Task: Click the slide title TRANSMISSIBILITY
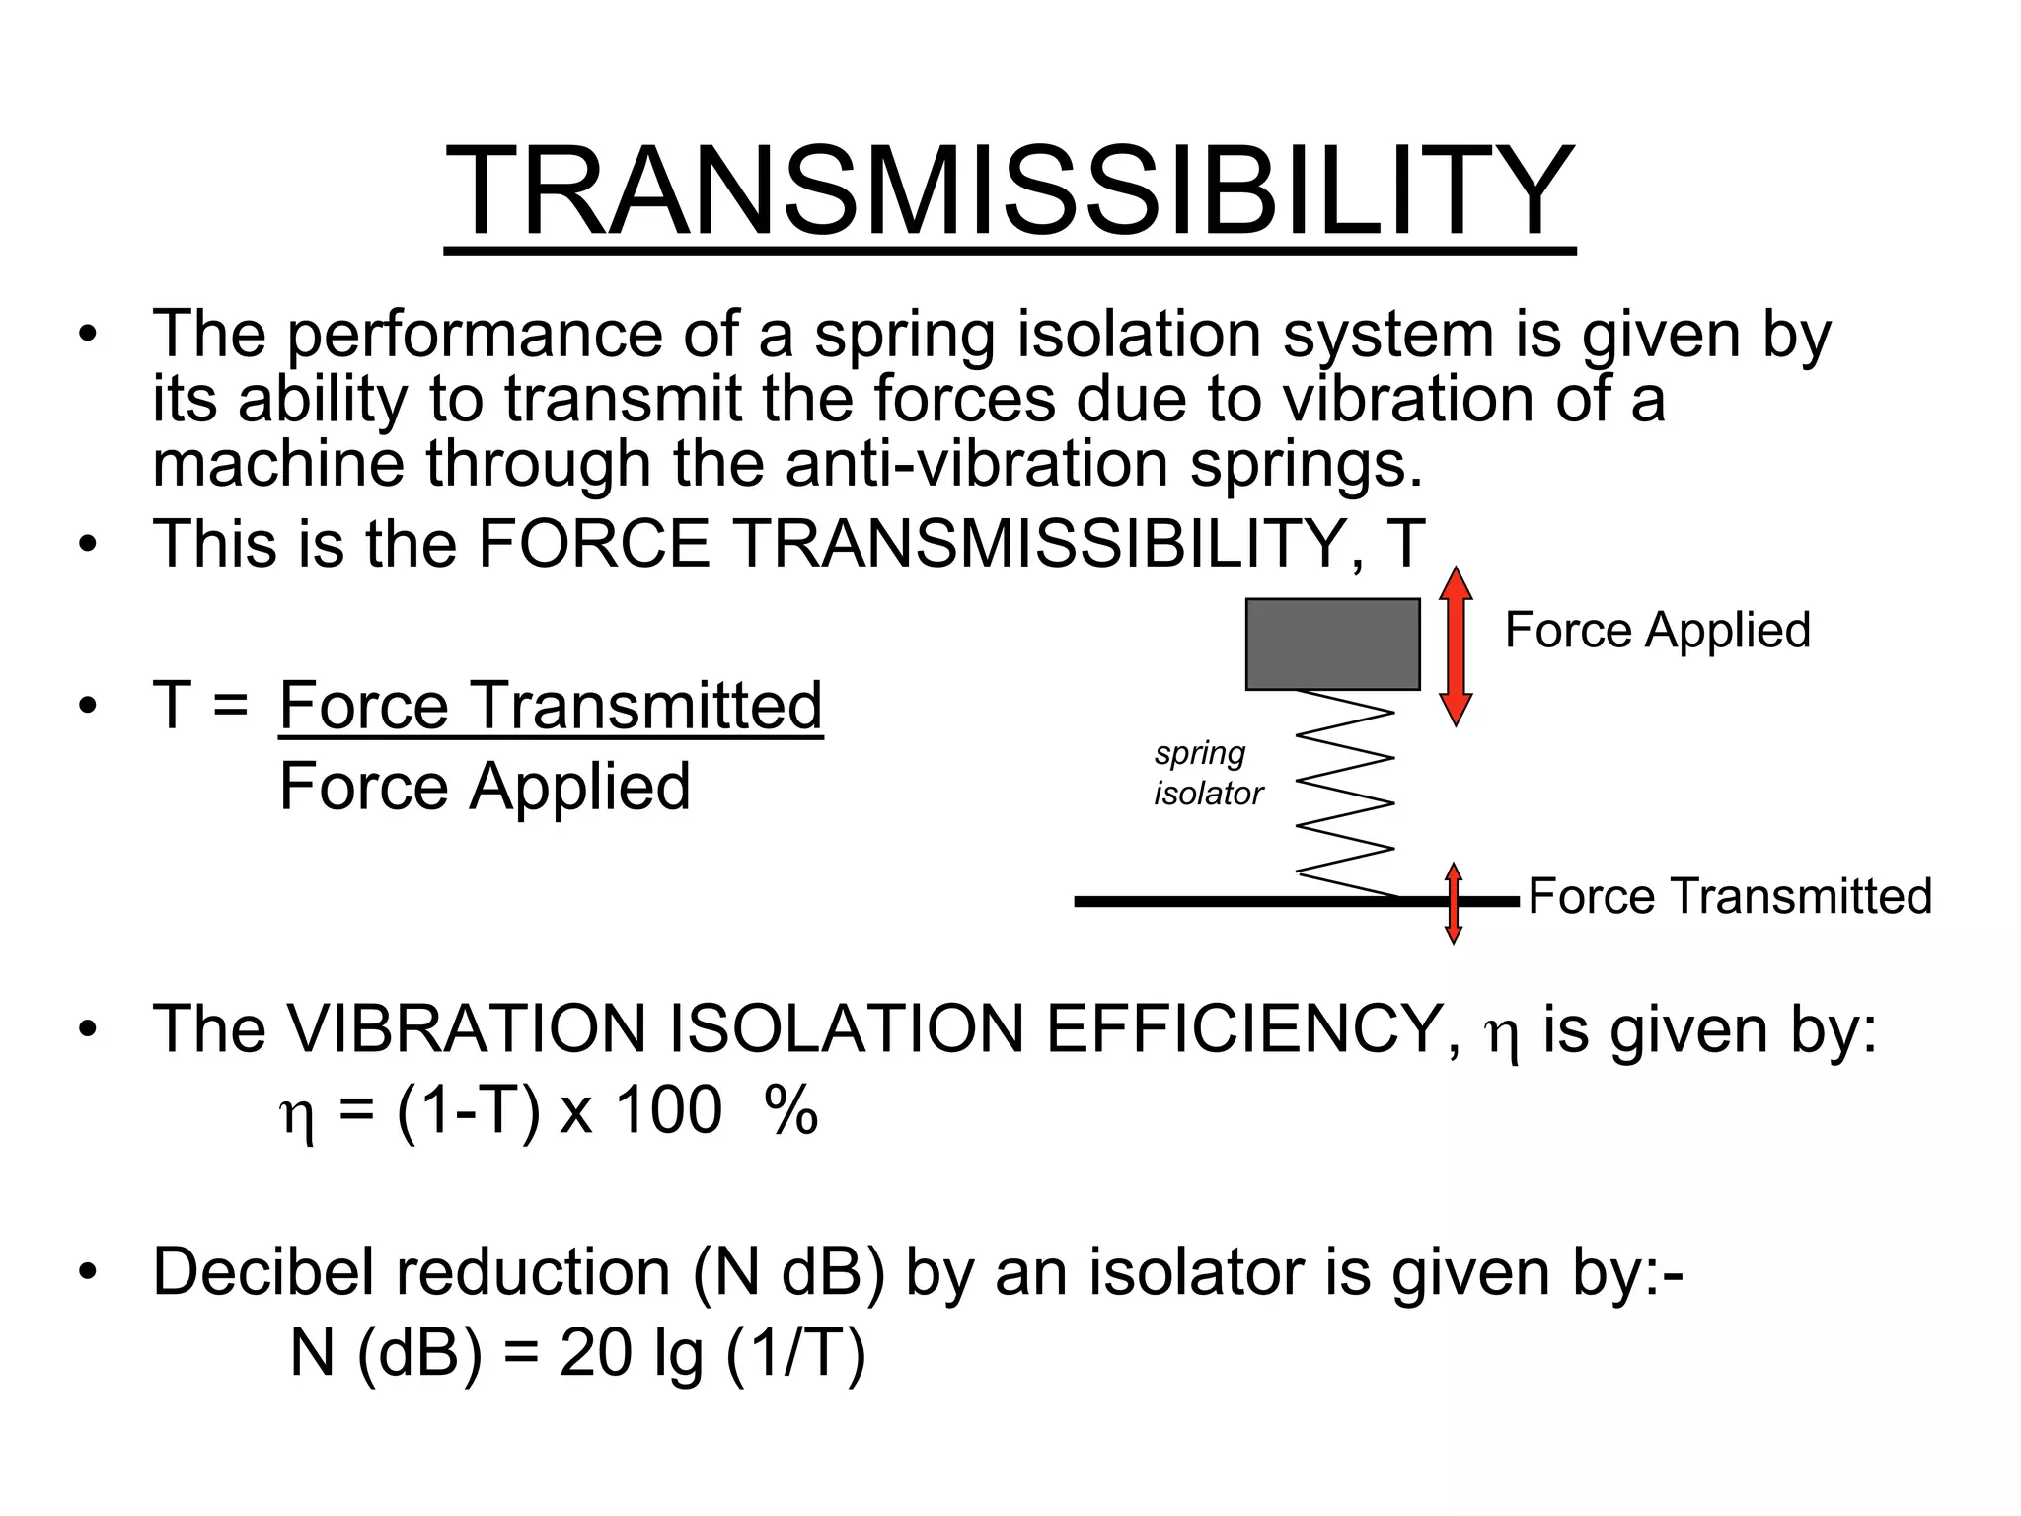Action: click(1009, 191)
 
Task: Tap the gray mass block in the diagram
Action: click(1332, 644)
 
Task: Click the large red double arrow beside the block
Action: click(1456, 646)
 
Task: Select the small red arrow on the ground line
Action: click(1454, 903)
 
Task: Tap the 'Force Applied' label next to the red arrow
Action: click(1657, 630)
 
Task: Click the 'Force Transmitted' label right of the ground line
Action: click(1729, 896)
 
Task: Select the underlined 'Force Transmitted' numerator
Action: click(551, 706)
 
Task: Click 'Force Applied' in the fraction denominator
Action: click(485, 787)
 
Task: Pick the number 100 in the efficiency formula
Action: click(669, 1110)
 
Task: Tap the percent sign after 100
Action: click(791, 1110)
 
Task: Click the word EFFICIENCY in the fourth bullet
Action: click(1244, 1029)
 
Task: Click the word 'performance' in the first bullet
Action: click(475, 336)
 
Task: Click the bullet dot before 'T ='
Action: click(89, 707)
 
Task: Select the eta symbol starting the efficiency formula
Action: click(298, 1116)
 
